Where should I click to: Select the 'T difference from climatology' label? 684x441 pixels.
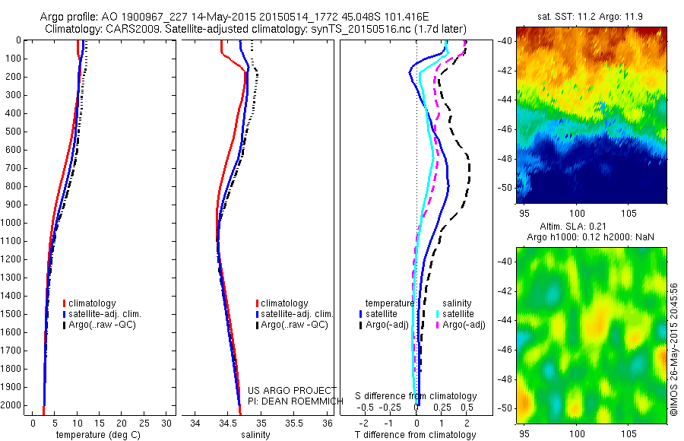(x=415, y=435)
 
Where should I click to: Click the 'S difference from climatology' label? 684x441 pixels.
(x=416, y=396)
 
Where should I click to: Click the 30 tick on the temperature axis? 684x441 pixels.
(x=167, y=422)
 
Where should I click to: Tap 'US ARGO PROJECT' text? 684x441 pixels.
(x=291, y=390)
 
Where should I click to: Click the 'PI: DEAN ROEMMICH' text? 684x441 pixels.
(x=291, y=401)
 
